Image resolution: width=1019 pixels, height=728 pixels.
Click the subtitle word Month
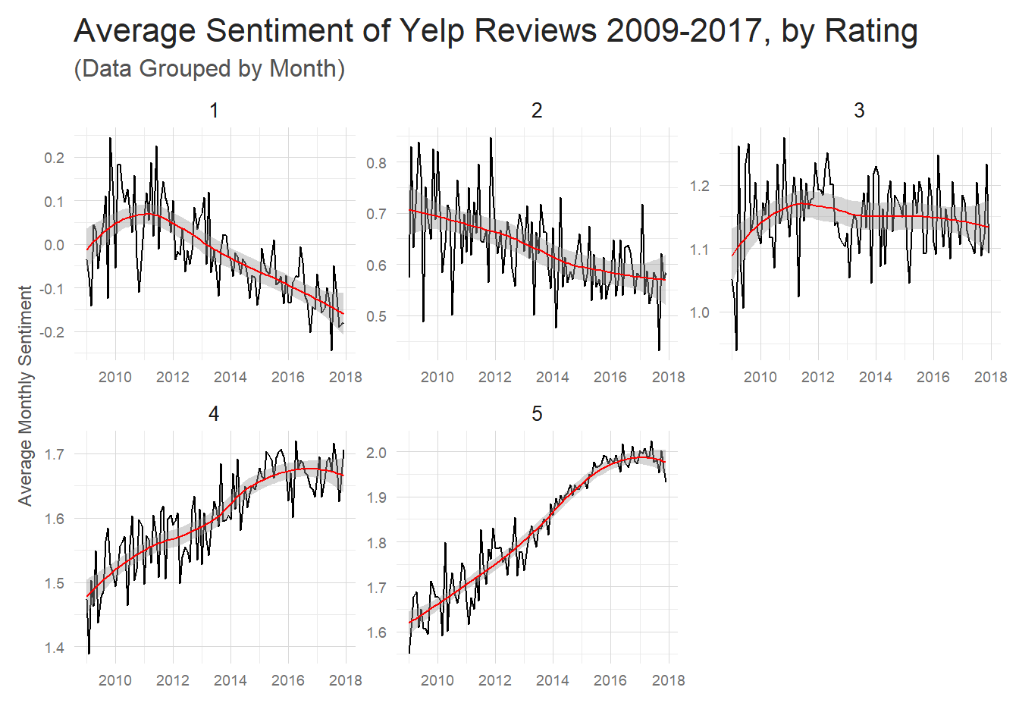click(303, 68)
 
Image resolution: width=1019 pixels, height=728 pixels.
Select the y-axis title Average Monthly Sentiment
click(25, 395)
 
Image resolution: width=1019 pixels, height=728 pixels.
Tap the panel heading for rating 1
click(214, 111)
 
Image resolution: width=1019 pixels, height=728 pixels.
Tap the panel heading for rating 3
click(859, 111)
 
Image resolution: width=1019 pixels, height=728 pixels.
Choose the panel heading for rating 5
click(537, 414)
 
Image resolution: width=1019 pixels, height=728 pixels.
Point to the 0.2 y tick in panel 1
click(54, 158)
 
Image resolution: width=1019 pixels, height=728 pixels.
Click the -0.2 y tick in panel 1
click(52, 332)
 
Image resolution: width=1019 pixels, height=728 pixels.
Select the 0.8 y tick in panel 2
click(376, 163)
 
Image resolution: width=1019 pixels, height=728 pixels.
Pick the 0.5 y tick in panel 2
click(376, 316)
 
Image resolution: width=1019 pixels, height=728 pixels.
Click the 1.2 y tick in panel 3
click(699, 186)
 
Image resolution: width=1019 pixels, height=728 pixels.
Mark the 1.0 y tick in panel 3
click(699, 312)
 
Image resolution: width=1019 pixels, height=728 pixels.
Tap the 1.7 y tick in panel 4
click(54, 454)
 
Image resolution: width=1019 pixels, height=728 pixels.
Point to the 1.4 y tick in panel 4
click(54, 648)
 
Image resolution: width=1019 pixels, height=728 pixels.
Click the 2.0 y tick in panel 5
click(376, 453)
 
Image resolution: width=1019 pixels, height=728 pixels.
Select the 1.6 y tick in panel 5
click(376, 632)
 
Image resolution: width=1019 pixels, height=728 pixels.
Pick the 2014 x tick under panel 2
click(553, 377)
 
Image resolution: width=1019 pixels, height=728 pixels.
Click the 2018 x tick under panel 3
click(990, 377)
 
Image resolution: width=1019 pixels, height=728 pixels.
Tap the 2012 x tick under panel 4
click(173, 680)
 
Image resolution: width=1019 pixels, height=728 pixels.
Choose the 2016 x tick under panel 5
click(610, 680)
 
